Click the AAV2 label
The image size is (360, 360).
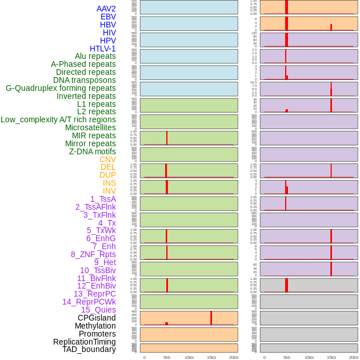[x=106, y=9]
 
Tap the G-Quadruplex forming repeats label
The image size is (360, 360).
[x=61, y=88]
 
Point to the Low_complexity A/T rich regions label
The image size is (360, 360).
[x=58, y=119]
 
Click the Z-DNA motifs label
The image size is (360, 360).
[x=92, y=151]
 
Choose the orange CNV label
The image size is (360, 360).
[x=107, y=159]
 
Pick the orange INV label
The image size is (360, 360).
[x=109, y=191]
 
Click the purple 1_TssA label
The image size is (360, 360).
[x=103, y=199]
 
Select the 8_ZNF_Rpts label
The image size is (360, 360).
[x=93, y=254]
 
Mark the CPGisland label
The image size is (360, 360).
[x=97, y=318]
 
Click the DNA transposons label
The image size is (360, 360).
[x=84, y=80]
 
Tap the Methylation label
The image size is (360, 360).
[x=95, y=326]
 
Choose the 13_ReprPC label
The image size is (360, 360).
[x=94, y=294]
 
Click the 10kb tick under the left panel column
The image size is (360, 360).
[x=189, y=357]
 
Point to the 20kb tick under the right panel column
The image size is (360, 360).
[x=354, y=357]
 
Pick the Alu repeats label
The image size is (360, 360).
[x=95, y=56]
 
